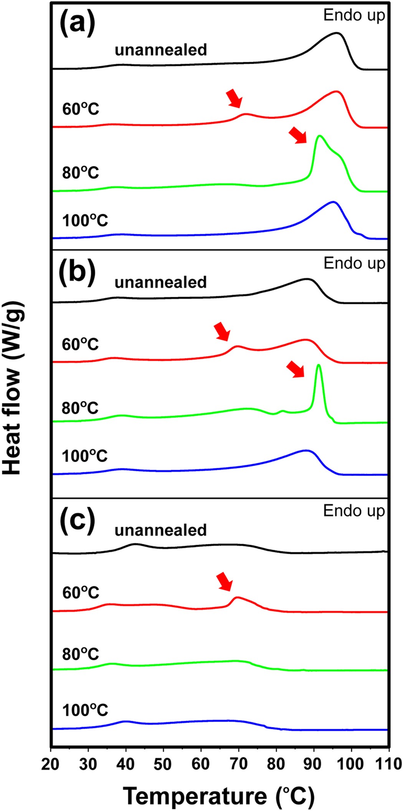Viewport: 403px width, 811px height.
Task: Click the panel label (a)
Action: pyautogui.click(x=77, y=24)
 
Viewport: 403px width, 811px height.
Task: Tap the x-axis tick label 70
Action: pyautogui.click(x=238, y=764)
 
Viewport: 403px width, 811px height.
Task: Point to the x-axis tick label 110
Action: pyautogui.click(x=388, y=764)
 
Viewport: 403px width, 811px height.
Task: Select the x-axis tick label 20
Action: pyautogui.click(x=50, y=764)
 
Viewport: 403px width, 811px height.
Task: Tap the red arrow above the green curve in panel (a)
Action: pyautogui.click(x=298, y=135)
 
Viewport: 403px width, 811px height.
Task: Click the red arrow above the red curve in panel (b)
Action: pyautogui.click(x=222, y=331)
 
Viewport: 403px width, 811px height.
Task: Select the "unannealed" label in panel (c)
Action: pyautogui.click(x=160, y=530)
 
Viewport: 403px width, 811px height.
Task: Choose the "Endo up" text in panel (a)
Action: pyautogui.click(x=354, y=15)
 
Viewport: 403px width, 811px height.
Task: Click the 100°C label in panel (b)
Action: pyautogui.click(x=85, y=456)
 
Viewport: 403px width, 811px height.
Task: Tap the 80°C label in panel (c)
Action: pyautogui.click(x=81, y=654)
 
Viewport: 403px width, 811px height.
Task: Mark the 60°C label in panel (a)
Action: pyautogui.click(x=81, y=109)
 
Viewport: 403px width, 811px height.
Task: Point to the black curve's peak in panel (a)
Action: pyautogui.click(x=337, y=33)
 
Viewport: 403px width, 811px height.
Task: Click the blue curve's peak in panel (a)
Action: pyautogui.click(x=333, y=202)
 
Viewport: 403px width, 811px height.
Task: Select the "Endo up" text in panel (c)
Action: pyautogui.click(x=354, y=511)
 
